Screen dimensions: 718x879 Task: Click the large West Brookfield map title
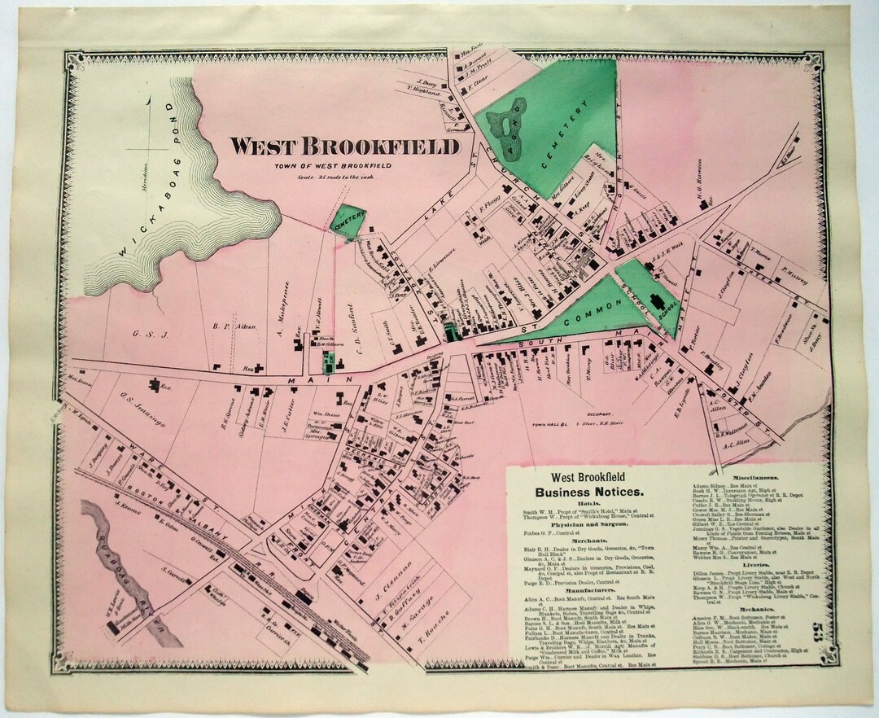(x=344, y=147)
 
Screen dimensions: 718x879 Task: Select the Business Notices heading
(x=588, y=492)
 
